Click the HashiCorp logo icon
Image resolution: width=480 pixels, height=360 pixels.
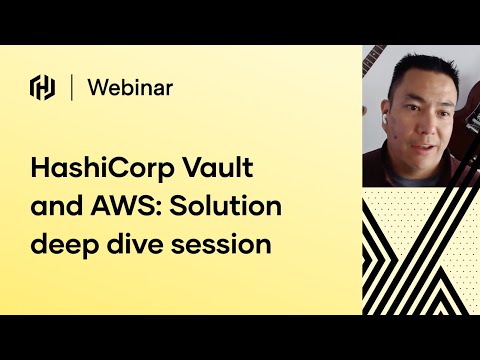43,88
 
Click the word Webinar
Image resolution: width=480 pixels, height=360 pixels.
130,88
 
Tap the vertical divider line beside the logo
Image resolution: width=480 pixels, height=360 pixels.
72,88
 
